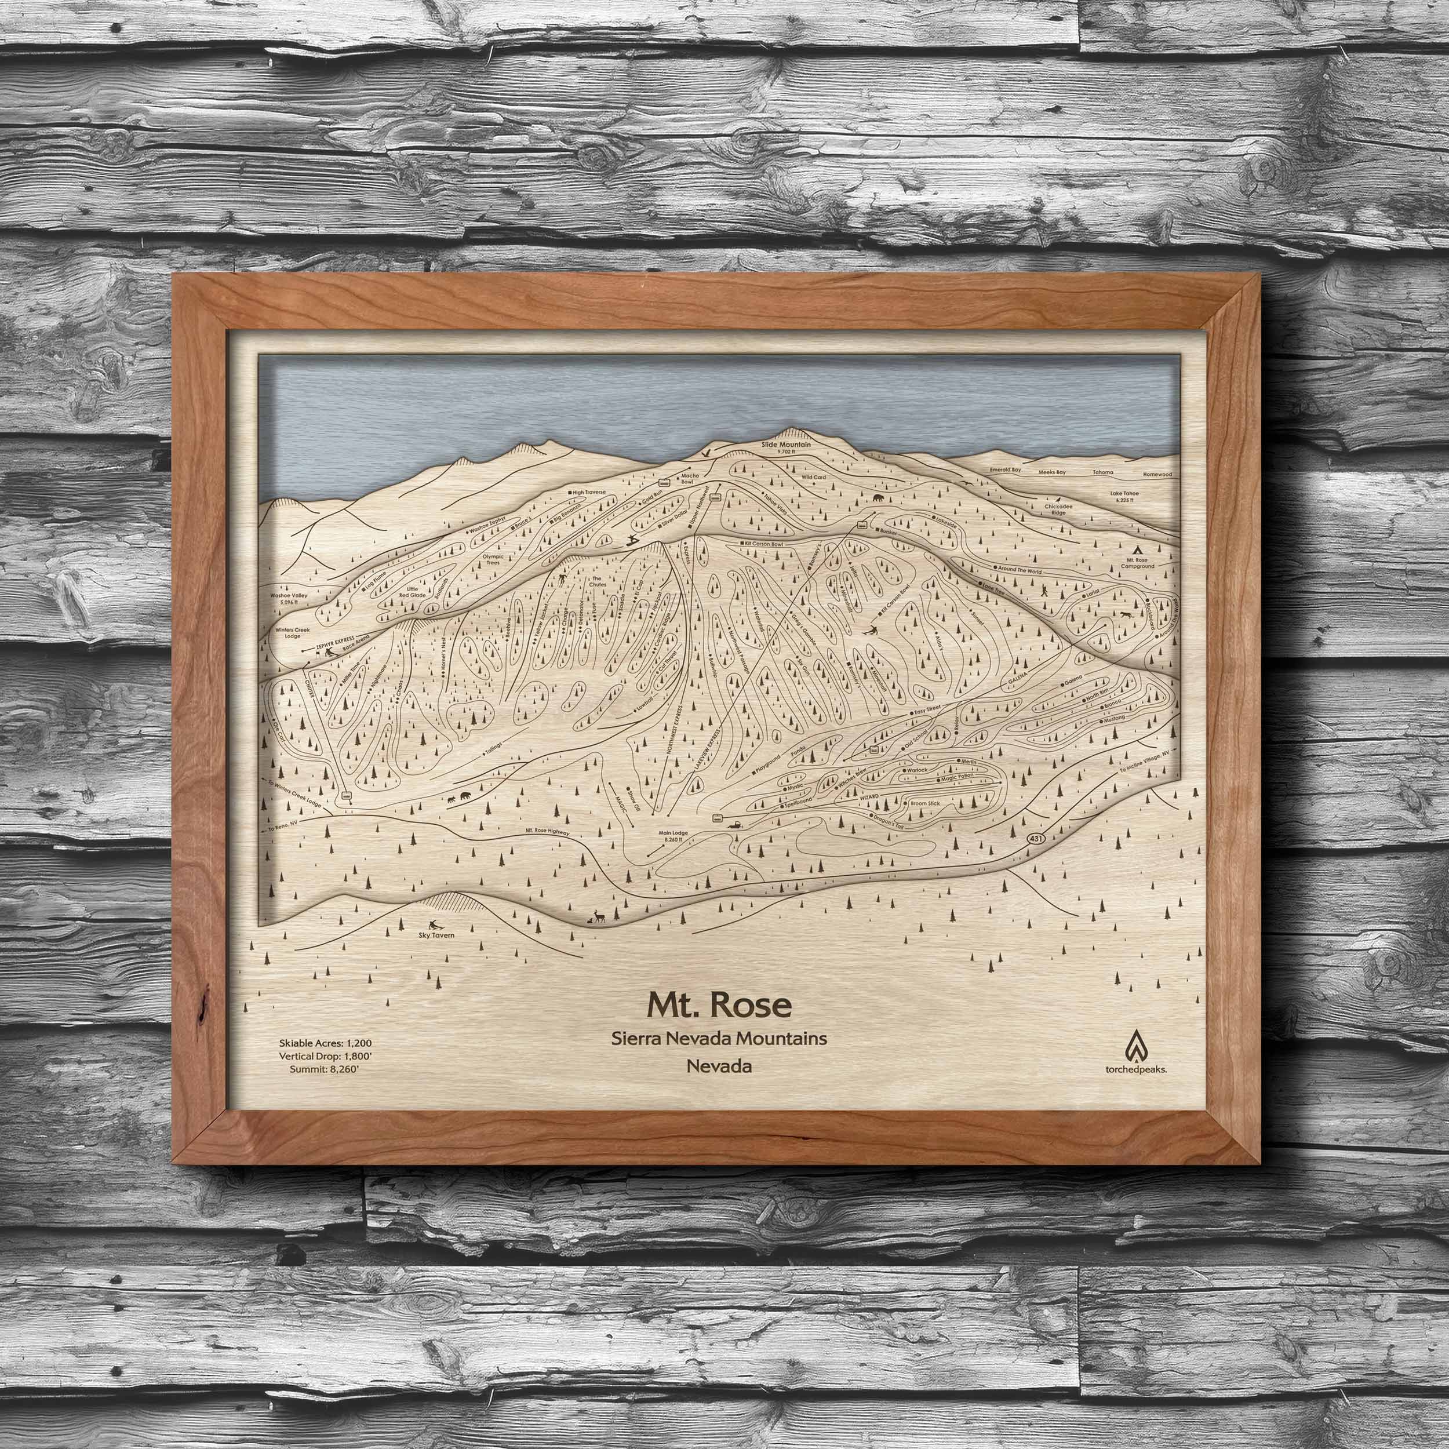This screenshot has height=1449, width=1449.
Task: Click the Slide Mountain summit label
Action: coord(781,445)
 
